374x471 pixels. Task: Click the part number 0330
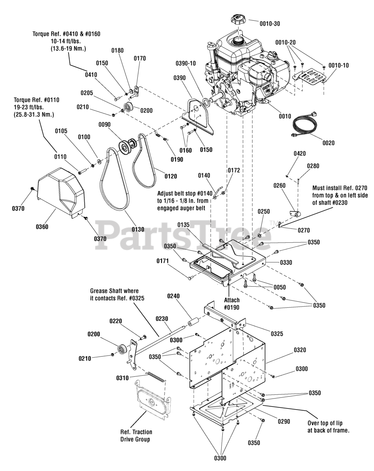tap(286, 262)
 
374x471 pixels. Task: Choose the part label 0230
tap(162, 319)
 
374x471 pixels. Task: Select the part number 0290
tap(284, 421)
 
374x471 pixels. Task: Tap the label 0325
tap(277, 334)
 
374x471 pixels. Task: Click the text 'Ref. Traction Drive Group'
tap(136, 436)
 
